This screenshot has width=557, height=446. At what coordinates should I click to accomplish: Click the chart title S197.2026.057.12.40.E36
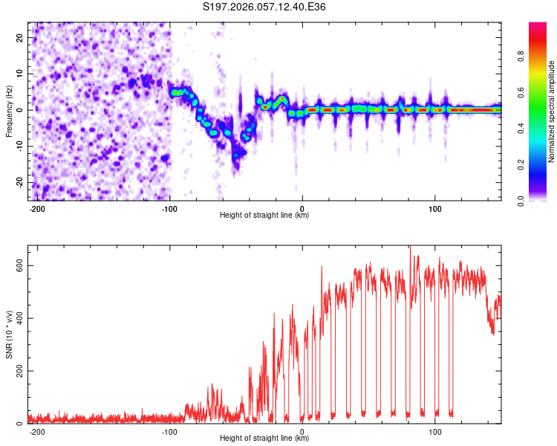tap(265, 7)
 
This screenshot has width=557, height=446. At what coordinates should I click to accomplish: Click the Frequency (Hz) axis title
tap(8, 111)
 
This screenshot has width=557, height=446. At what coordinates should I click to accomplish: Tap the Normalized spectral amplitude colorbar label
tap(552, 111)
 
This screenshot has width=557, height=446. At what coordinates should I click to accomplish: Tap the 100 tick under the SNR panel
tap(434, 431)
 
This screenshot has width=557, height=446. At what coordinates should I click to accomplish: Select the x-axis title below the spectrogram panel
tap(264, 216)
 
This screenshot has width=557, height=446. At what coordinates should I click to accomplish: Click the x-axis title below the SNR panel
tap(264, 439)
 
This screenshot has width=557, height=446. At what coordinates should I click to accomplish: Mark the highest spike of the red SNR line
tap(409, 248)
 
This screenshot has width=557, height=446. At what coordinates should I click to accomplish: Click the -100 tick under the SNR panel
tap(169, 431)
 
